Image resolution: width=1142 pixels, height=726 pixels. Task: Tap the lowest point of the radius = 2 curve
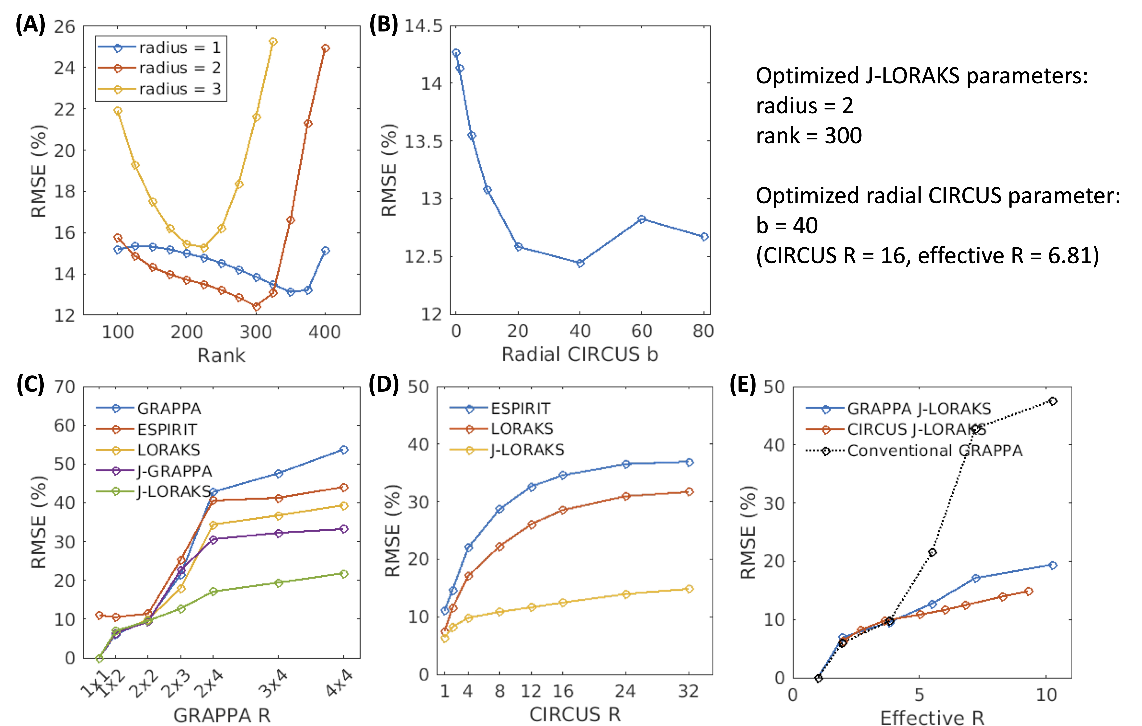click(257, 307)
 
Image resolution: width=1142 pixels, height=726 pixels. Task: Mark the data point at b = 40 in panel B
click(580, 263)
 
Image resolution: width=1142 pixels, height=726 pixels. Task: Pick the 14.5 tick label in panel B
click(423, 26)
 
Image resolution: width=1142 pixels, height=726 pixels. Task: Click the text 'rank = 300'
click(809, 136)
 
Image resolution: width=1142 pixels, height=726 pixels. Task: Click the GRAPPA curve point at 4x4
click(344, 449)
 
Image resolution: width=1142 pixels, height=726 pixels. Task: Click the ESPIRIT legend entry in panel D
click(520, 408)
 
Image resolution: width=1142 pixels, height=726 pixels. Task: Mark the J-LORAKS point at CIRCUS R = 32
click(689, 589)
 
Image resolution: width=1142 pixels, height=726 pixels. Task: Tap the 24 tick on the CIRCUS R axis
click(625, 691)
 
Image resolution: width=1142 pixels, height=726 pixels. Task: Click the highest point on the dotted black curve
click(1053, 401)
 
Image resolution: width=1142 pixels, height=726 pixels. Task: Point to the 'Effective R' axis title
click(932, 718)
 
